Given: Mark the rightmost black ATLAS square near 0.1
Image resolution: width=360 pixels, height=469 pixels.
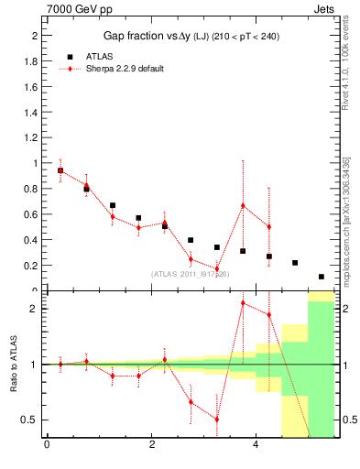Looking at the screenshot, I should [x=322, y=277].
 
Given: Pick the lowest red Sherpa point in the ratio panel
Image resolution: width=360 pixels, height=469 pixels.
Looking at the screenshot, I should [x=217, y=420].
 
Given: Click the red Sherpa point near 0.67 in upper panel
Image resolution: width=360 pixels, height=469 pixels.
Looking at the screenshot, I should [x=243, y=205].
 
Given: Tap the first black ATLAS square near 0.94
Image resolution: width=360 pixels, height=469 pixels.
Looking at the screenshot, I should [x=60, y=170].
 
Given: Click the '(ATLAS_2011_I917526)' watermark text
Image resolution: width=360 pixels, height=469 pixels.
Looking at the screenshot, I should [x=191, y=274].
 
